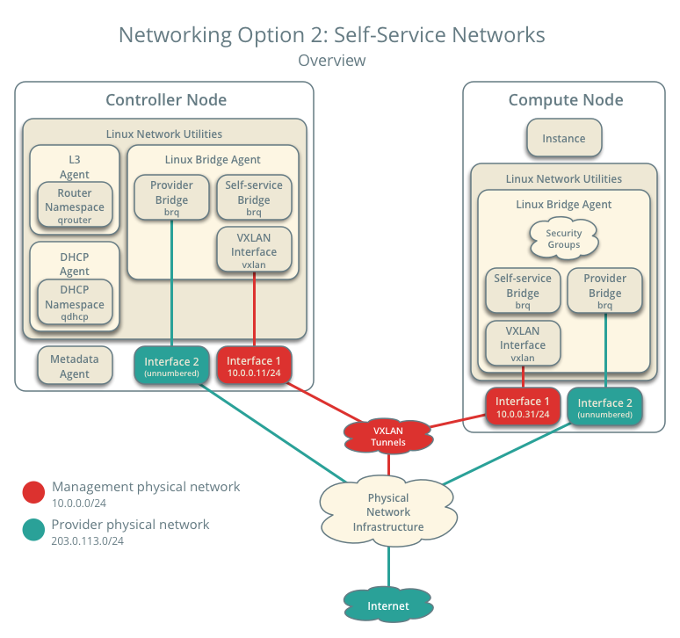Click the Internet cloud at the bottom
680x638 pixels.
coord(388,605)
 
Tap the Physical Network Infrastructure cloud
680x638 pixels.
coord(388,511)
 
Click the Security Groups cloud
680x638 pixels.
coord(563,239)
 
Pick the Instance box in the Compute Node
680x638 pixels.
coord(563,138)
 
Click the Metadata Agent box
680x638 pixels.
coord(75,366)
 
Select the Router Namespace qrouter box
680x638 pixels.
coord(75,207)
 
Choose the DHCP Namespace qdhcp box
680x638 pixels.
coord(75,304)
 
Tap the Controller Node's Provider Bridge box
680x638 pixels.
coord(171,198)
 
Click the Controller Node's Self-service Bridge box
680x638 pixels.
coord(254,198)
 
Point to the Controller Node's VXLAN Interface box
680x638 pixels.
coord(254,250)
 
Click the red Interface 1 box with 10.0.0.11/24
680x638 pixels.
coord(254,366)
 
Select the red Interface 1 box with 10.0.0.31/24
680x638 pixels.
coord(523,406)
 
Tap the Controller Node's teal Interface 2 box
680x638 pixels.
coord(171,366)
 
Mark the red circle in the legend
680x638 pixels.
coord(33,492)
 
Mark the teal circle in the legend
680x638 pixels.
coord(33,530)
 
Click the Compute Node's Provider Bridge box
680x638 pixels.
coord(605,291)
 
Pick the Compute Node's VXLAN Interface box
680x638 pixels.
coord(523,344)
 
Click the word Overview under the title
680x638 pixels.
coord(331,61)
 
